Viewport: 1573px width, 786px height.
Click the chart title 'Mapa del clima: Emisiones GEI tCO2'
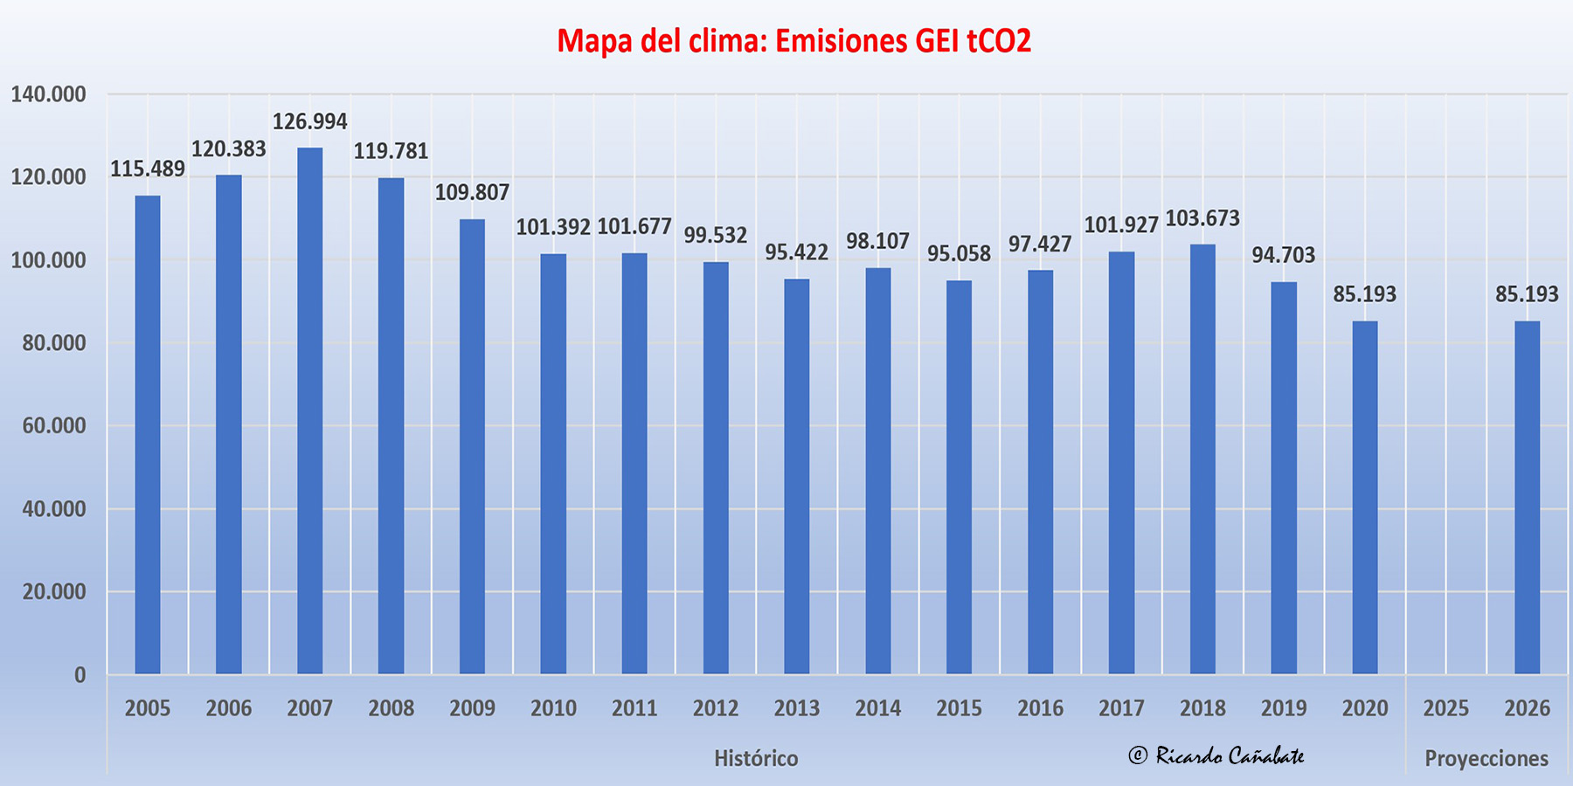coord(793,41)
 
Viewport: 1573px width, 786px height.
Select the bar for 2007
coord(309,410)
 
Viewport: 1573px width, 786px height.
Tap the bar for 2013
coord(796,476)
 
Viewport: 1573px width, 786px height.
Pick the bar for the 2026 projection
coord(1527,498)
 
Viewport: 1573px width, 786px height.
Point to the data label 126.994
coord(309,121)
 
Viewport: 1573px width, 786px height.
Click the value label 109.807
coord(472,192)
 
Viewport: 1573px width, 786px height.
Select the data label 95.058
coord(959,254)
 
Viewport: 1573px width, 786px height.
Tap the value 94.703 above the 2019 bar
coord(1283,255)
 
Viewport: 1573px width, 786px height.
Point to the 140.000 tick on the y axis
coord(48,94)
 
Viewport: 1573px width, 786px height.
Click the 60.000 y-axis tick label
coord(54,426)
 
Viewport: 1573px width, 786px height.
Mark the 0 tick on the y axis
coord(80,675)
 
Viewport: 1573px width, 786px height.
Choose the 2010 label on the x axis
coord(553,708)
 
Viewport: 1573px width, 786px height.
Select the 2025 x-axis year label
coord(1445,708)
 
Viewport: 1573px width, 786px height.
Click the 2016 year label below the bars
coord(1040,708)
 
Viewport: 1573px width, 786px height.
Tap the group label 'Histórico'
coord(756,758)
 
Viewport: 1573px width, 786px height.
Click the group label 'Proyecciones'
coord(1486,758)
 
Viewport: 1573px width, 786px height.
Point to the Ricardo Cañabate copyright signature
coord(1216,755)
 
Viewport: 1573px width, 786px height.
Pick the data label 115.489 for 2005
coord(147,169)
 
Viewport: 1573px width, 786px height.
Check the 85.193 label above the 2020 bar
coord(1364,294)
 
